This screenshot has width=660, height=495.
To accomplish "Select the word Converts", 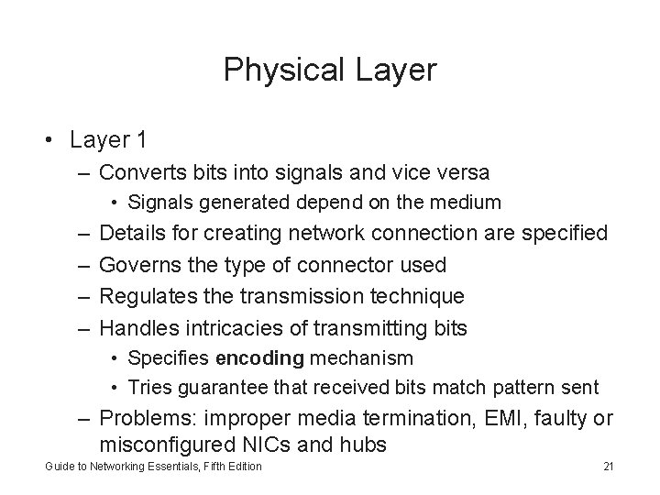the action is pos(139,172).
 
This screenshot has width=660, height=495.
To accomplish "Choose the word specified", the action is pos(563,233).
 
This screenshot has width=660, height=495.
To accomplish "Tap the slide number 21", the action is pos(608,467).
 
